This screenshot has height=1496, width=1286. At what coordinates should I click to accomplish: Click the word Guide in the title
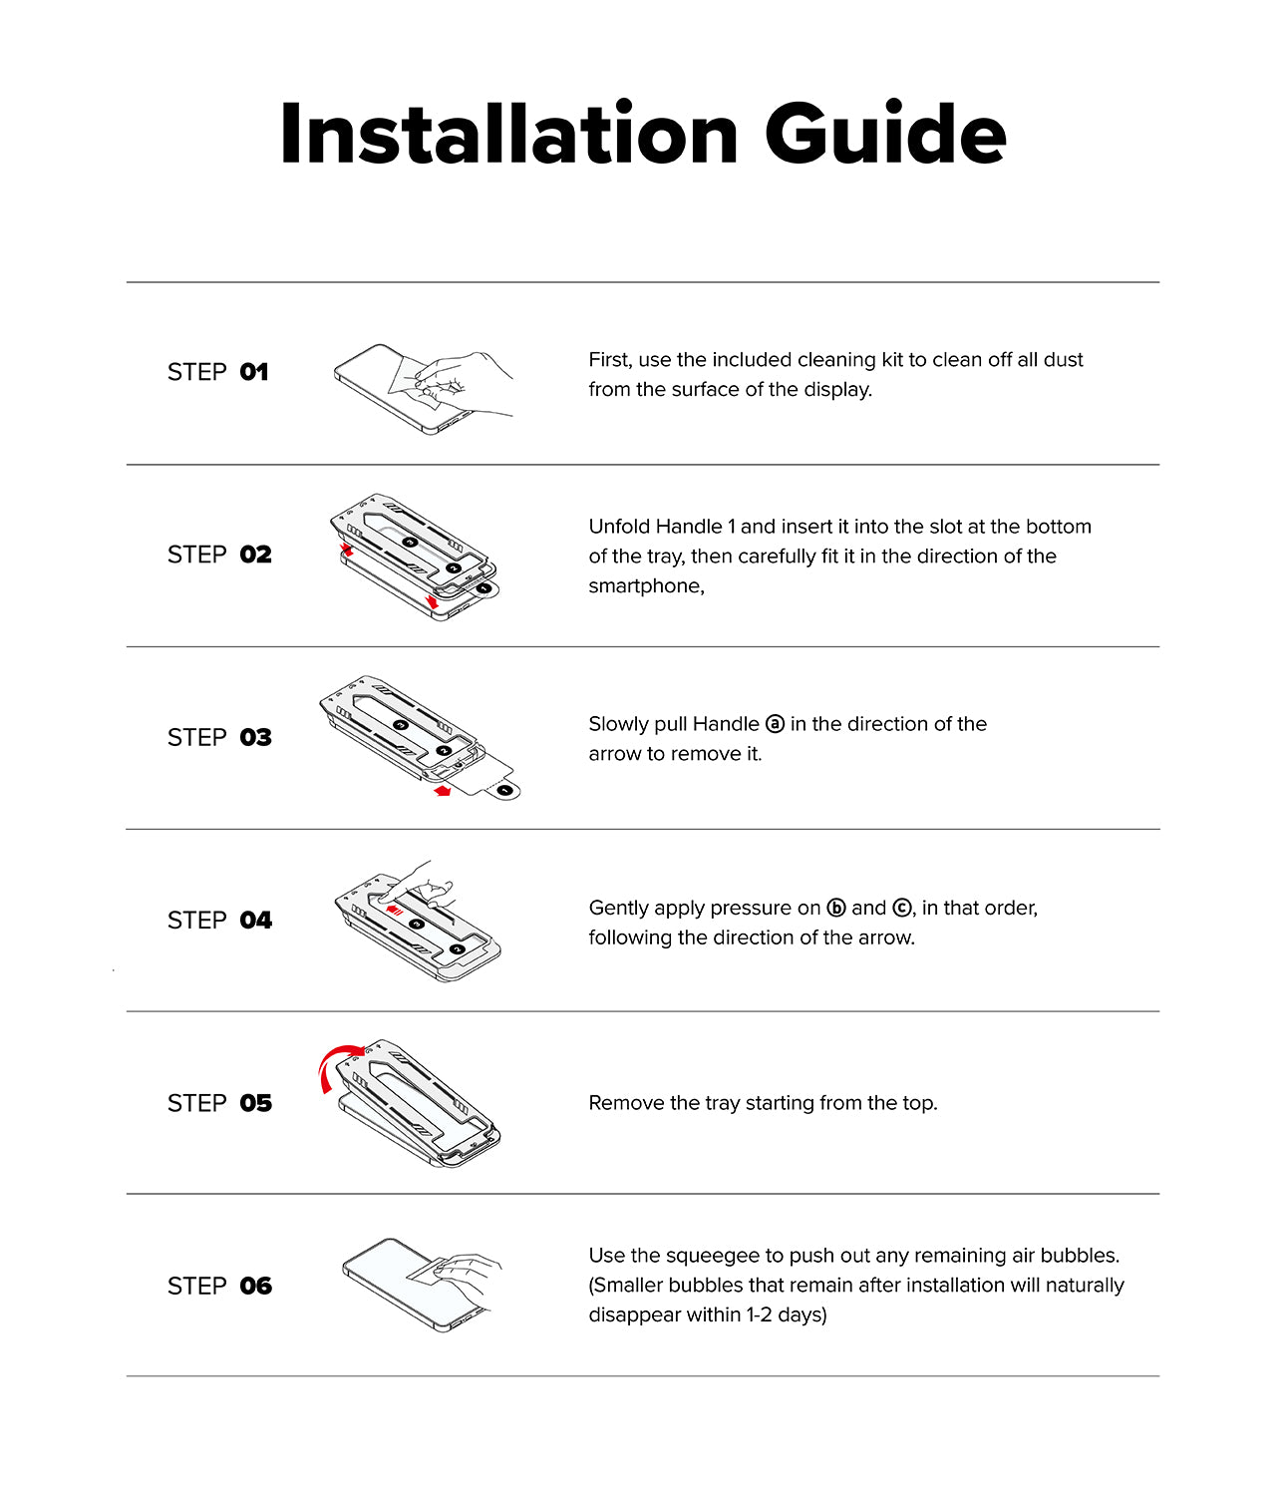point(885,134)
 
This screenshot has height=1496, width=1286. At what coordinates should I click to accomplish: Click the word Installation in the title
point(508,134)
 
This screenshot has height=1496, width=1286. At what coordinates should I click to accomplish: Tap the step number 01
point(254,372)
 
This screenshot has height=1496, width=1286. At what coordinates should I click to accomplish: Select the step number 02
point(255,555)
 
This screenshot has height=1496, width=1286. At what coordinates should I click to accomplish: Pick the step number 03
point(255,737)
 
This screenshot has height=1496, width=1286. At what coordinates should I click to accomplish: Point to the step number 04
point(255,920)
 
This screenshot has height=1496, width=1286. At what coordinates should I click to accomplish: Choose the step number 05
point(255,1103)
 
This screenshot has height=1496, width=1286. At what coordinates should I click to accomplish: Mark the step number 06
point(255,1286)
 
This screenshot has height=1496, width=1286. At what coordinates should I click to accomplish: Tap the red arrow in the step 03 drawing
point(443,791)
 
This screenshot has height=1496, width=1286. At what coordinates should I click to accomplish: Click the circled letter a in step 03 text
point(775,724)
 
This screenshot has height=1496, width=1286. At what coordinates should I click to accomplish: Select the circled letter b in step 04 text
point(836,908)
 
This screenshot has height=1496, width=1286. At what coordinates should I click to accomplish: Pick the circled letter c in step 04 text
point(901,908)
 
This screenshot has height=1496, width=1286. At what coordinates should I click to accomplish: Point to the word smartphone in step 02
point(644,586)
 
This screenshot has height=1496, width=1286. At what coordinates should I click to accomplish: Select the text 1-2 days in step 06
point(786,1315)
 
